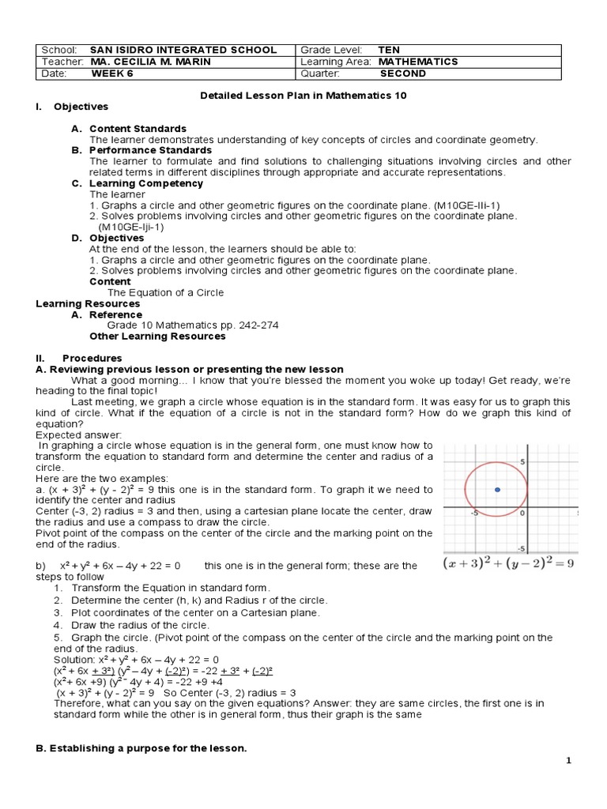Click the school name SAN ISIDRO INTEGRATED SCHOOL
[x=183, y=50]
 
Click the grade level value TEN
[x=389, y=50]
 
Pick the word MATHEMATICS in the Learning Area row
[x=418, y=62]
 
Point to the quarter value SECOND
[x=403, y=73]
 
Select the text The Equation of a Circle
[x=165, y=292]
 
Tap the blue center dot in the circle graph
[x=497, y=491]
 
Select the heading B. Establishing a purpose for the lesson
[x=142, y=747]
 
